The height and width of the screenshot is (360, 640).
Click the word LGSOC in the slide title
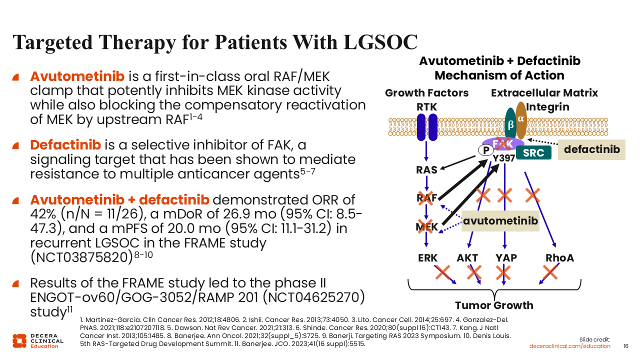tap(380, 42)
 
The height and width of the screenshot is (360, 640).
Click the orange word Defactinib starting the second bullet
tap(65, 145)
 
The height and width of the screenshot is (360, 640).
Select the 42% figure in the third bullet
tap(44, 214)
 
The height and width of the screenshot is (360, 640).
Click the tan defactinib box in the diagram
tap(591, 149)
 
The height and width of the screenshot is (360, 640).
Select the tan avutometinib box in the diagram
tap(500, 220)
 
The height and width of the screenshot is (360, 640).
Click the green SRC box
tap(533, 152)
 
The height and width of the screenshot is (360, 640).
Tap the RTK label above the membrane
tap(426, 107)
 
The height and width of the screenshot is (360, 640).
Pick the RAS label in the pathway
tap(426, 170)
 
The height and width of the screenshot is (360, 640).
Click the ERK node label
tap(427, 258)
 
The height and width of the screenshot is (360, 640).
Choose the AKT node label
tap(467, 258)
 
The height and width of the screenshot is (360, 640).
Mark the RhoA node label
tap(559, 258)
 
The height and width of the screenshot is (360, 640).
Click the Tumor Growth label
tap(493, 305)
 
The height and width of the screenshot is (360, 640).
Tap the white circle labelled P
tap(485, 150)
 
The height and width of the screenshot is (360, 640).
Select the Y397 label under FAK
tap(503, 158)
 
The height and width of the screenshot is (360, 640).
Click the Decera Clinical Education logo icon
tap(19, 340)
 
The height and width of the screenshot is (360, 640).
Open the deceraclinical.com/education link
tap(570, 346)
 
